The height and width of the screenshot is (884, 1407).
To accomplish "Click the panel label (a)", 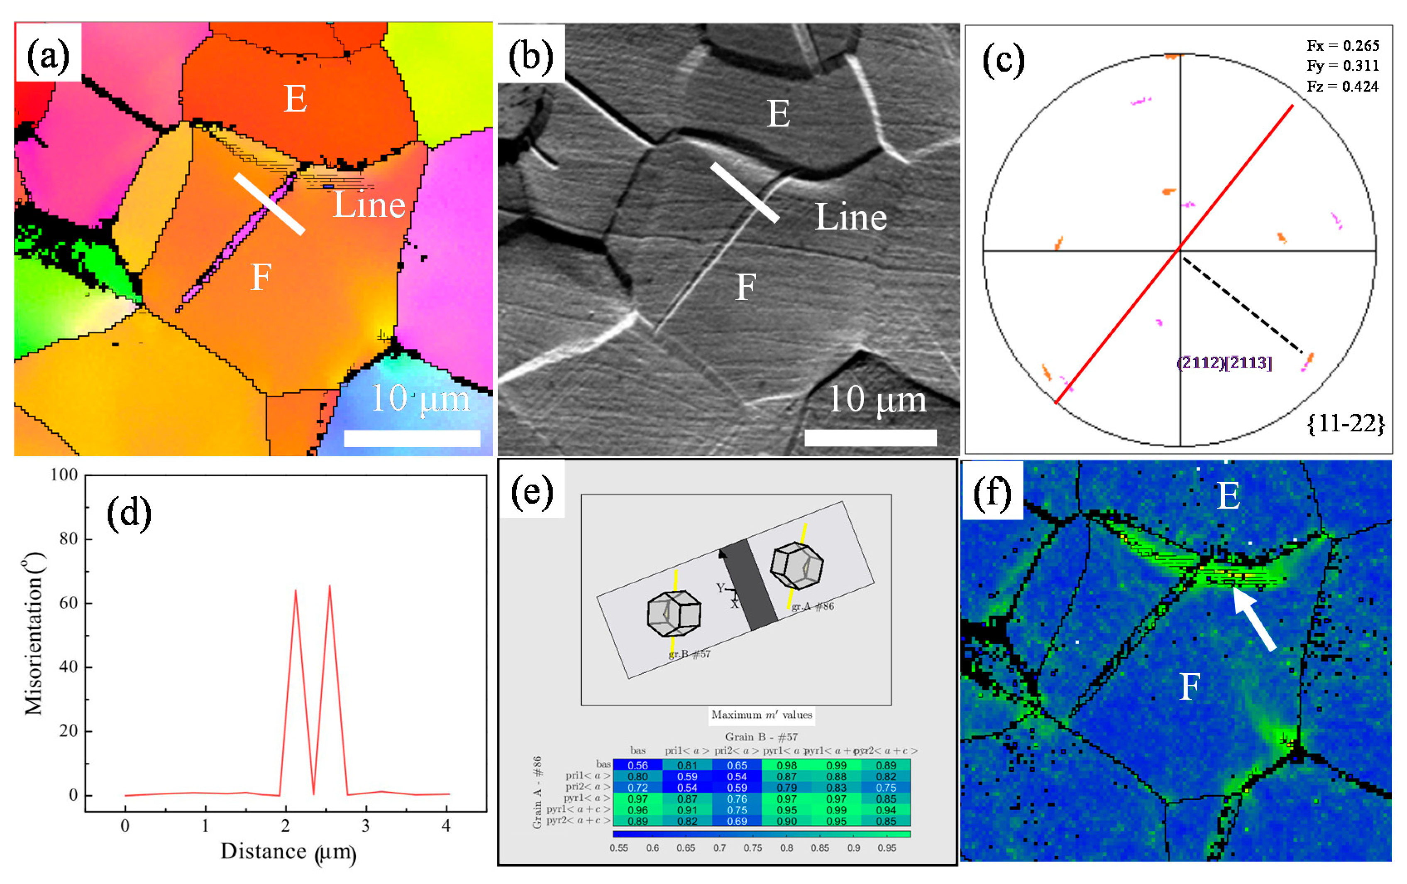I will click(x=48, y=57).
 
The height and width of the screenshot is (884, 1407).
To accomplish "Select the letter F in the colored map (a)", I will click(x=261, y=277).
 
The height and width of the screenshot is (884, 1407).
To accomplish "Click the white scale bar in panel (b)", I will click(x=870, y=437).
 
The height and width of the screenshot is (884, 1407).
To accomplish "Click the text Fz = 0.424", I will click(x=1342, y=86).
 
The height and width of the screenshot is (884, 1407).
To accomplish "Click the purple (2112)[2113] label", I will click(x=1224, y=362).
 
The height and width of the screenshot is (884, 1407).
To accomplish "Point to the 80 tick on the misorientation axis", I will click(x=68, y=539).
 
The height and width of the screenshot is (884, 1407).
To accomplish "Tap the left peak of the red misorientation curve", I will click(x=295, y=592).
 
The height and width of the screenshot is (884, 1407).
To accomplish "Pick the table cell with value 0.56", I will click(x=638, y=765).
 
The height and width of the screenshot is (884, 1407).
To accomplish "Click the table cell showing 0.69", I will click(x=737, y=821).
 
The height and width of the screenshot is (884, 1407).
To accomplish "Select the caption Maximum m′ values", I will click(x=761, y=715).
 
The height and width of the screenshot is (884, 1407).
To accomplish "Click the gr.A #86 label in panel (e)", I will click(x=812, y=606).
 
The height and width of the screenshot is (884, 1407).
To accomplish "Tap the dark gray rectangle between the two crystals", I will click(x=750, y=585).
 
